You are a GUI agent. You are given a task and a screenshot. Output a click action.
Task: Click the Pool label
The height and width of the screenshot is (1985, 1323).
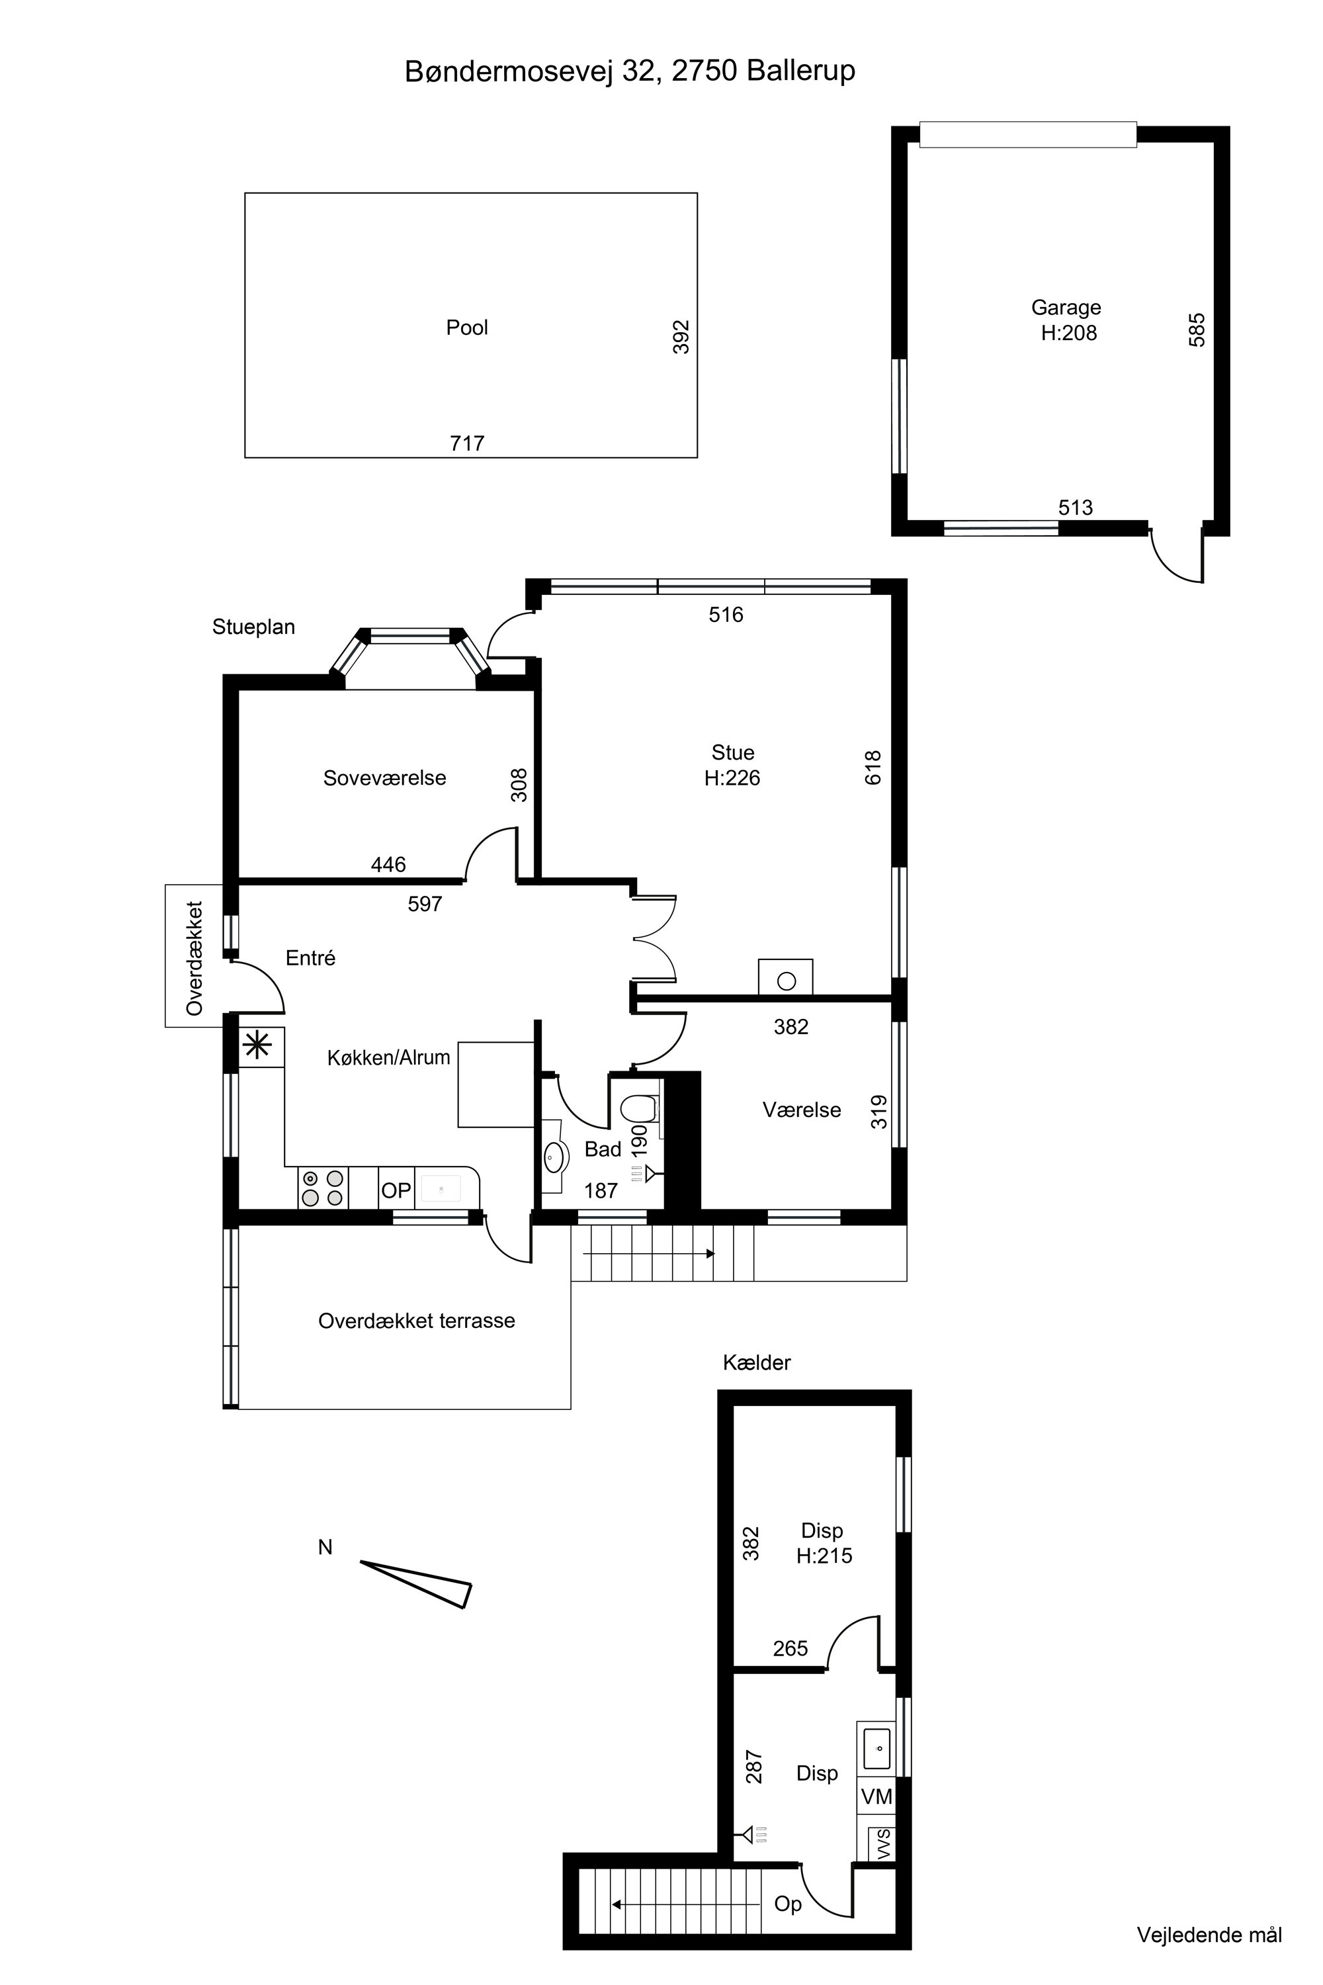point(466,328)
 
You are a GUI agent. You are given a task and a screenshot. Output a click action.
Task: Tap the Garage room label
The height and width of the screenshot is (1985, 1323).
point(1066,307)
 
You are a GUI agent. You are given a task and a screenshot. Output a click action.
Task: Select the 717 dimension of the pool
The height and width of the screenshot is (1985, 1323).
point(466,443)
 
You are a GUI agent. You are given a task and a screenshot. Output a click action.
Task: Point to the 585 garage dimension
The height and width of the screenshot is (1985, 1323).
point(1197,330)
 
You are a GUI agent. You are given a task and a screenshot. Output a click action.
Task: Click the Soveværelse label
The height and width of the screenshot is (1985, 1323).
point(385,777)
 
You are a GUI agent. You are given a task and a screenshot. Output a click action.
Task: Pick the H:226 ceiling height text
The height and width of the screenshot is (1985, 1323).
point(732,777)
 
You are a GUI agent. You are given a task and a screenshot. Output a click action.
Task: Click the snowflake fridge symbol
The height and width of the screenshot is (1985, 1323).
point(257,1047)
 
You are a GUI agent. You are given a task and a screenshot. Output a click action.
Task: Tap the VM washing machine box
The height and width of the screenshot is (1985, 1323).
point(876,1798)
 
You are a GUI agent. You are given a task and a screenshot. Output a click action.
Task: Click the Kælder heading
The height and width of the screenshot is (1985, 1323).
point(757,1362)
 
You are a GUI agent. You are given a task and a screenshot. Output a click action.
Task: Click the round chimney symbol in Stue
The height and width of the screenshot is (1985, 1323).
point(787,981)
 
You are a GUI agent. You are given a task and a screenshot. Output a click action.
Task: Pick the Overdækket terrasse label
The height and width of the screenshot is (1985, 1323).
point(417,1321)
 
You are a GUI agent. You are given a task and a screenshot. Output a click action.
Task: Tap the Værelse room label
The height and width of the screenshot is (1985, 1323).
point(802,1110)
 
